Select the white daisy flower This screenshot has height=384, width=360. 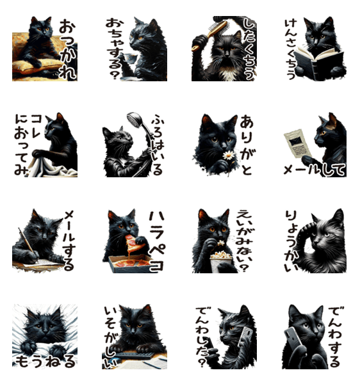click(229, 156)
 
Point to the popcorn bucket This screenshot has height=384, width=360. click(221, 262)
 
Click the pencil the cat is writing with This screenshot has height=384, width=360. click(26, 241)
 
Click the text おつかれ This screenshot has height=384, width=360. click(67, 50)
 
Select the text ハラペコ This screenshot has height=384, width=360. click(156, 242)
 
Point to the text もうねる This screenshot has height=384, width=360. click(45, 362)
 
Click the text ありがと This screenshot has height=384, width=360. click(246, 145)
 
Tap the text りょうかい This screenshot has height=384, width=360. click(291, 241)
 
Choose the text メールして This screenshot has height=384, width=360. click(315, 170)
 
